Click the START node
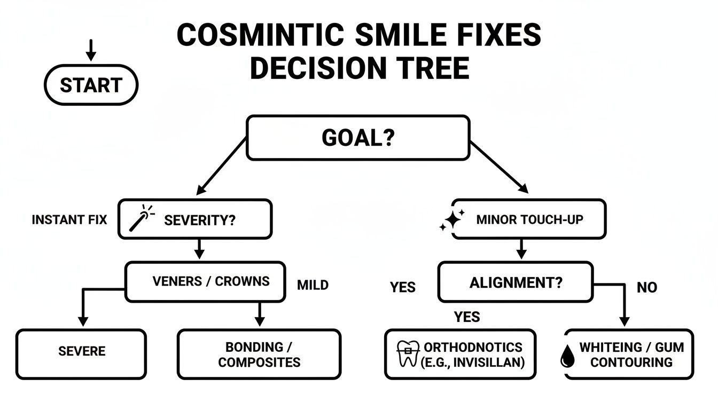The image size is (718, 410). click(x=90, y=85)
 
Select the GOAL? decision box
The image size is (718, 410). click(x=357, y=138)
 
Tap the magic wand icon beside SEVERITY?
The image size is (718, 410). click(x=141, y=219)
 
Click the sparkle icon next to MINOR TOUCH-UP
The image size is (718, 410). click(x=451, y=220)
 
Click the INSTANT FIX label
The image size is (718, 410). click(x=69, y=219)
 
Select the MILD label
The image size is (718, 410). click(x=313, y=285)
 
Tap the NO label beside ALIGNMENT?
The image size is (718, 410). click(x=646, y=288)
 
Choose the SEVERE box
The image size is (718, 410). click(x=81, y=351)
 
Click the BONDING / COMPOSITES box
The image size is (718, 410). click(x=259, y=354)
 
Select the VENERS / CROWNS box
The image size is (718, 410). click(x=211, y=281)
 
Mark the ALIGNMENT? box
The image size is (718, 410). click(x=515, y=282)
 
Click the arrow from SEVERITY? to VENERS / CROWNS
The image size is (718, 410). click(x=198, y=249)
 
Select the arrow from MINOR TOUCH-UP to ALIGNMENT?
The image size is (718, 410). click(x=521, y=249)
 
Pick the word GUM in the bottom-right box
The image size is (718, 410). click(x=669, y=348)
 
